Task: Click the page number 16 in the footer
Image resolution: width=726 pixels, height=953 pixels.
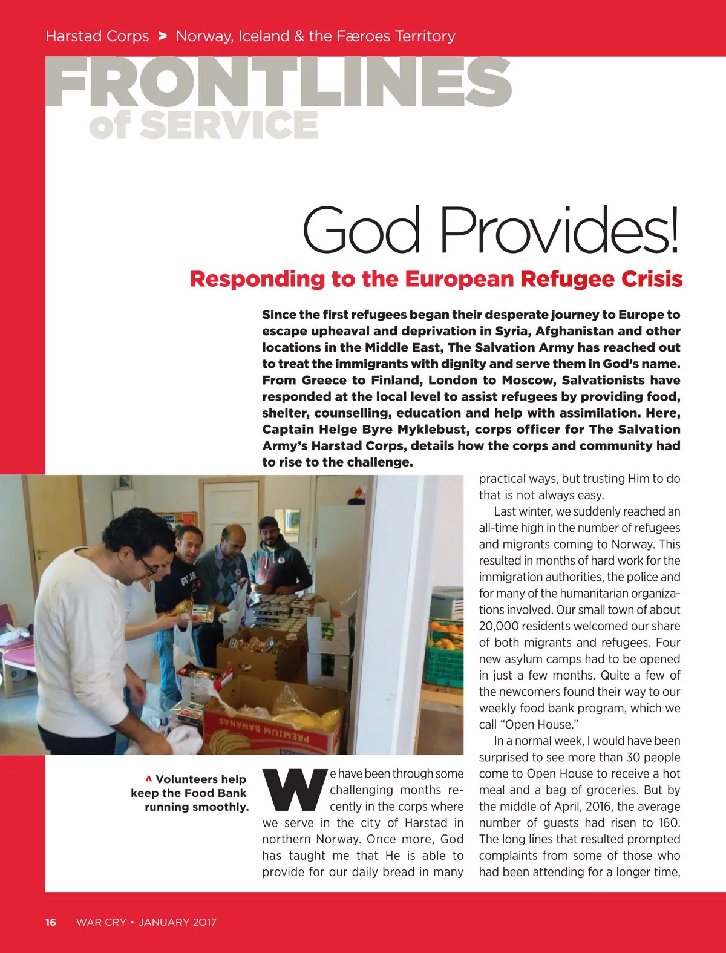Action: click(x=51, y=922)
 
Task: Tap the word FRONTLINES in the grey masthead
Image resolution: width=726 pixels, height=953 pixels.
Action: click(x=278, y=82)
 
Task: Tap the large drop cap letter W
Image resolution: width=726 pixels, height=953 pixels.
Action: click(x=294, y=790)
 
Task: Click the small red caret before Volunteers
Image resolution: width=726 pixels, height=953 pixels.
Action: click(x=148, y=779)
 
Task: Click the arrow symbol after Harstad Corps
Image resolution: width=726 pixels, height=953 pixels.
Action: click(x=162, y=36)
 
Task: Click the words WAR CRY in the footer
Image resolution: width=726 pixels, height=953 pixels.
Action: click(x=101, y=922)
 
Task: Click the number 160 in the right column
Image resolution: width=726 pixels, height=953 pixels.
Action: click(x=669, y=823)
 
